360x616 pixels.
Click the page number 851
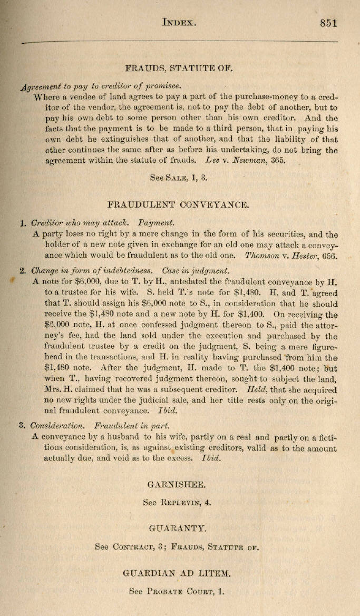328,23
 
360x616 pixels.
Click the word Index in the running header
179,23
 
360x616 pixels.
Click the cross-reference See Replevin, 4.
177,502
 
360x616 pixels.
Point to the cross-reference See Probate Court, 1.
177,591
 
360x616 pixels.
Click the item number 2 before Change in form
23,271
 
